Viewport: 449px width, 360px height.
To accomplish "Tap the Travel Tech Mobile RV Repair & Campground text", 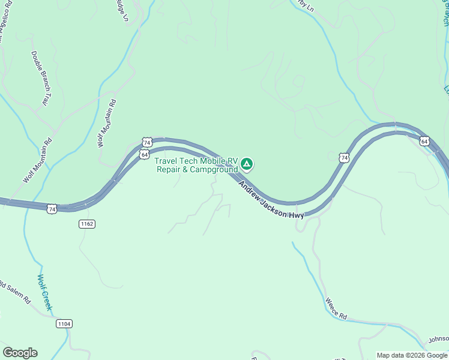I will [x=196, y=165].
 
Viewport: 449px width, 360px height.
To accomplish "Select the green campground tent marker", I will [x=246, y=164].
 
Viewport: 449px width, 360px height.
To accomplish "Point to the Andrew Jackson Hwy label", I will [x=272, y=193].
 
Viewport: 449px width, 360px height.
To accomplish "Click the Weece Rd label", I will [x=336, y=308].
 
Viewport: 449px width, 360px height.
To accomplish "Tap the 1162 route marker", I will [x=86, y=224].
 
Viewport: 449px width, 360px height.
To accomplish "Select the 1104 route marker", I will [x=64, y=324].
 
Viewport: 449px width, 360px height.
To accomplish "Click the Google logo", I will [x=20, y=353].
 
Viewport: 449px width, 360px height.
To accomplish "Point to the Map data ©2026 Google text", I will [x=412, y=355].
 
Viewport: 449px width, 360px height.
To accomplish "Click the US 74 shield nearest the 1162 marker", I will [x=52, y=209].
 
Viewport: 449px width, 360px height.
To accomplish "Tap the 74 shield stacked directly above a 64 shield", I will [x=147, y=142].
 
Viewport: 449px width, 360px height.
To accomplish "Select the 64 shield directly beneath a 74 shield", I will [x=145, y=154].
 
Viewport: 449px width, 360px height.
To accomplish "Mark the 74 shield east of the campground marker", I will [x=343, y=158].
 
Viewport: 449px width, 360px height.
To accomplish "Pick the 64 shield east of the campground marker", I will [x=424, y=142].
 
